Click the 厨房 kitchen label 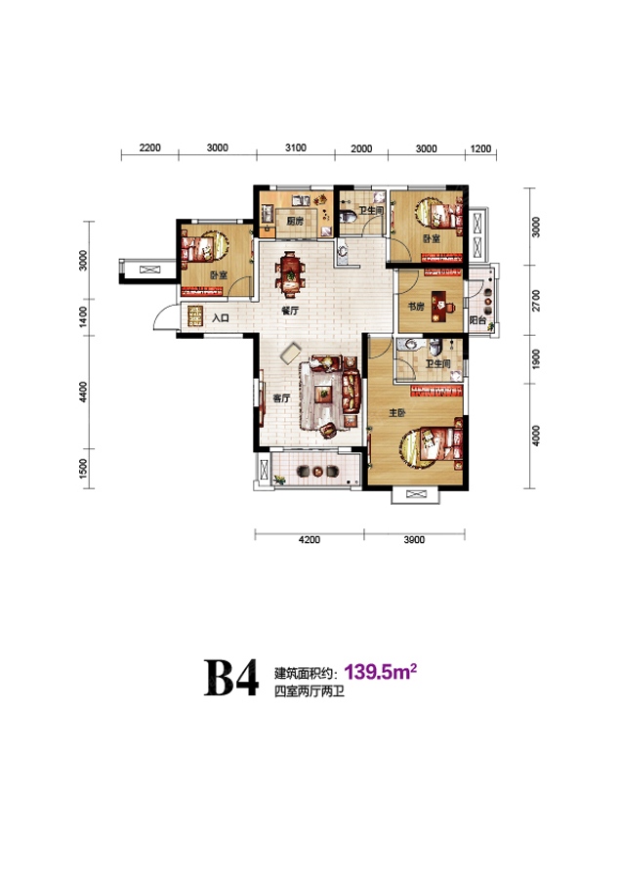point(295,221)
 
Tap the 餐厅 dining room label point(290,311)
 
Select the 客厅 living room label point(281,398)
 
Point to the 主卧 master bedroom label point(396,412)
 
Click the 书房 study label point(416,307)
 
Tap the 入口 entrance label point(221,317)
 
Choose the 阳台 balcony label point(477,320)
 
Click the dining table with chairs point(290,273)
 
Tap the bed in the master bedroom point(437,446)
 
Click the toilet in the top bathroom point(348,216)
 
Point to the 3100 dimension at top point(296,148)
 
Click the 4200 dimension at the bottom point(310,540)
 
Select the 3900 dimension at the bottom point(414,540)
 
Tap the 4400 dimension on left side point(84,392)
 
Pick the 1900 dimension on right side point(536,359)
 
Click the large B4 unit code point(230,678)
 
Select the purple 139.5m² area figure point(381,671)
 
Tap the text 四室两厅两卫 point(309,691)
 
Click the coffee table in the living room point(324,394)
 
